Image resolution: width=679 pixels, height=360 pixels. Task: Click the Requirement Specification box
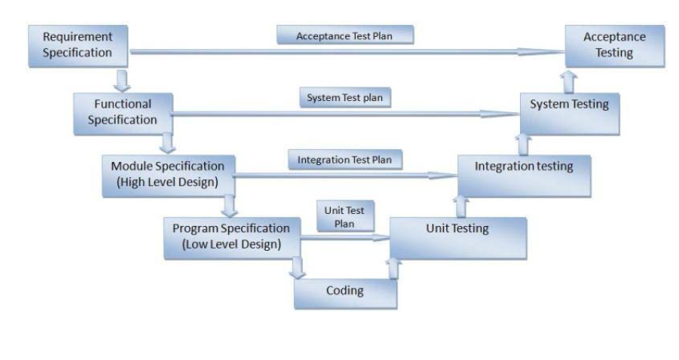pyautogui.click(x=78, y=46)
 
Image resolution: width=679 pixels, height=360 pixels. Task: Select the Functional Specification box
pyautogui.click(x=124, y=114)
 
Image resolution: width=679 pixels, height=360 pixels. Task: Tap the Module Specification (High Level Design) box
pyautogui.click(x=169, y=176)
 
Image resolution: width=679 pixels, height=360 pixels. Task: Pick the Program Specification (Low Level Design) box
pyautogui.click(x=232, y=239)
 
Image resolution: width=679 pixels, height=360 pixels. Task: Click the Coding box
pyautogui.click(x=346, y=294)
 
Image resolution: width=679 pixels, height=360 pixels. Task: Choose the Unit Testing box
pyautogui.click(x=458, y=239)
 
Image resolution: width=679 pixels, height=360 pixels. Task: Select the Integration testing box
pyautogui.click(x=525, y=176)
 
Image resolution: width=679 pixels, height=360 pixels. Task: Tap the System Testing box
pyautogui.click(x=570, y=114)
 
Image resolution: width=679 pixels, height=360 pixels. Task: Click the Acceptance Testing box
pyautogui.click(x=615, y=46)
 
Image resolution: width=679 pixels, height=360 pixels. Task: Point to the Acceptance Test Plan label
pyautogui.click(x=345, y=35)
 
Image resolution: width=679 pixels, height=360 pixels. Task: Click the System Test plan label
pyautogui.click(x=345, y=97)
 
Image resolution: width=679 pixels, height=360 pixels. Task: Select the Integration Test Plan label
pyautogui.click(x=345, y=160)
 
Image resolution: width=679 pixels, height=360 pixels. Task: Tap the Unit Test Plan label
pyautogui.click(x=345, y=216)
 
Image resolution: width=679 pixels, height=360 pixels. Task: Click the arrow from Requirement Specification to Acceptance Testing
pyautogui.click(x=347, y=52)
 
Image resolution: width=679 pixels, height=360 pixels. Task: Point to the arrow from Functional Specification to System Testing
pyautogui.click(x=345, y=114)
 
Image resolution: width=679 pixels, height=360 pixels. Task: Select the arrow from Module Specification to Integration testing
pyautogui.click(x=346, y=175)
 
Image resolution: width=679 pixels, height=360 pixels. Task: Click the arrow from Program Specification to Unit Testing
pyautogui.click(x=345, y=237)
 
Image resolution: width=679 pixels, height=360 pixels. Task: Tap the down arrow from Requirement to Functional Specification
pyautogui.click(x=123, y=81)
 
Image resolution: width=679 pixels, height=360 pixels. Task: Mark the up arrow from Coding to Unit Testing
pyautogui.click(x=393, y=268)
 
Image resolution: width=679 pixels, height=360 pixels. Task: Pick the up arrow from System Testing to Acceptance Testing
pyautogui.click(x=568, y=82)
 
